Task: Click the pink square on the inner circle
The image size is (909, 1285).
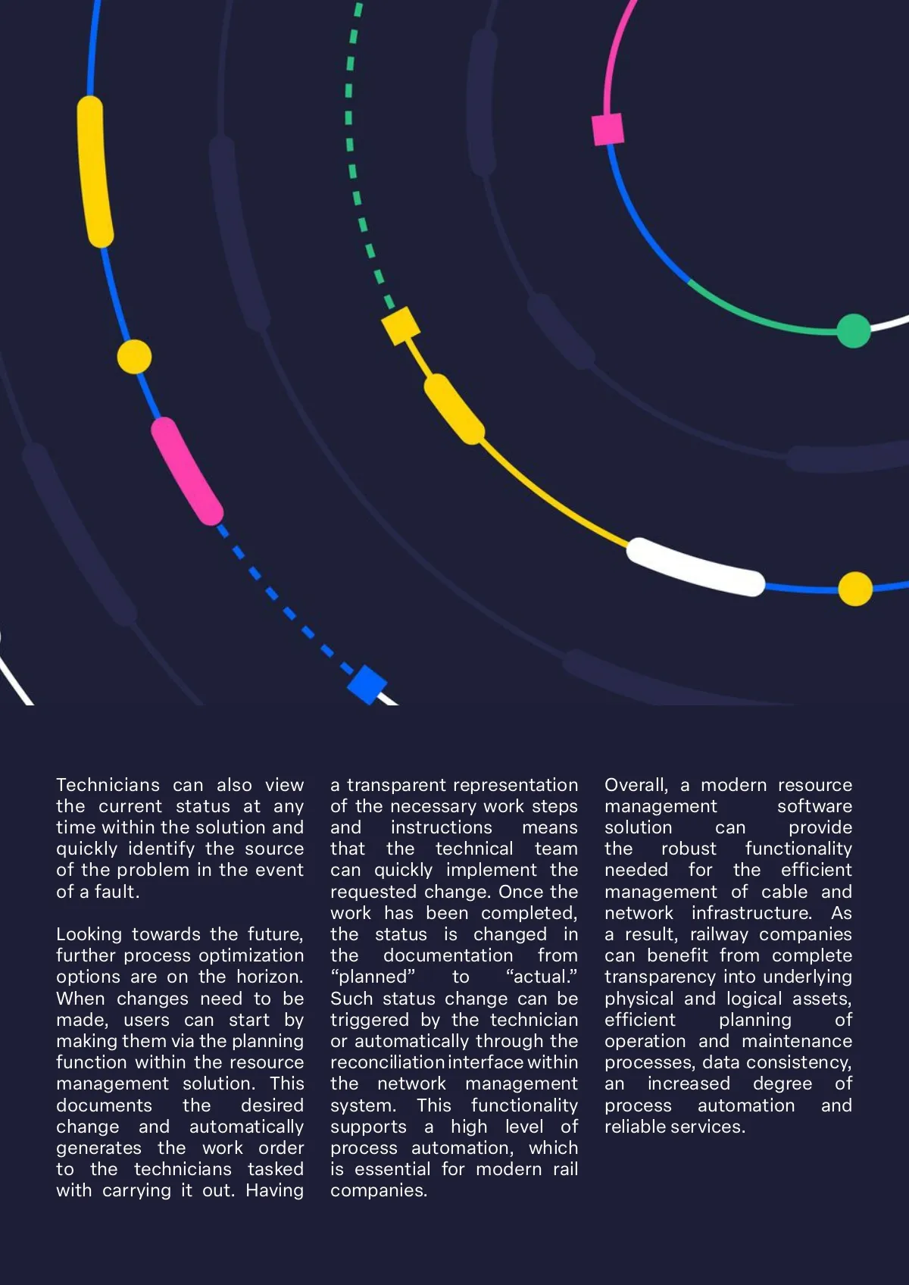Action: (608, 129)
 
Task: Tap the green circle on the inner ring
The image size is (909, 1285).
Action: (854, 330)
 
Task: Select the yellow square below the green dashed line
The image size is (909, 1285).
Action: (400, 325)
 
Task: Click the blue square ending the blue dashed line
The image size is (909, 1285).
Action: (367, 684)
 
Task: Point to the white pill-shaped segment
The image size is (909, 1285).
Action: (695, 567)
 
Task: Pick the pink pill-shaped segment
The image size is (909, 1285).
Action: (187, 471)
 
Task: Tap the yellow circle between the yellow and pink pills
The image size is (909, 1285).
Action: (134, 356)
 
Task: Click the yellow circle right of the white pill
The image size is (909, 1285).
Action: (855, 589)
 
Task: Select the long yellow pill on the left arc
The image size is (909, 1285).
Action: (95, 171)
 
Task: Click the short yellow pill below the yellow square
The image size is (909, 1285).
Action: (454, 409)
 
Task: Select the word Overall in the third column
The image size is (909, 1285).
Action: (636, 785)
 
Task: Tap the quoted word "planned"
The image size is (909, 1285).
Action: (373, 977)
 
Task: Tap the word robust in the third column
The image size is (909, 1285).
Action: (688, 849)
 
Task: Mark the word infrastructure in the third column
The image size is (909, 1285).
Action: (751, 913)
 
